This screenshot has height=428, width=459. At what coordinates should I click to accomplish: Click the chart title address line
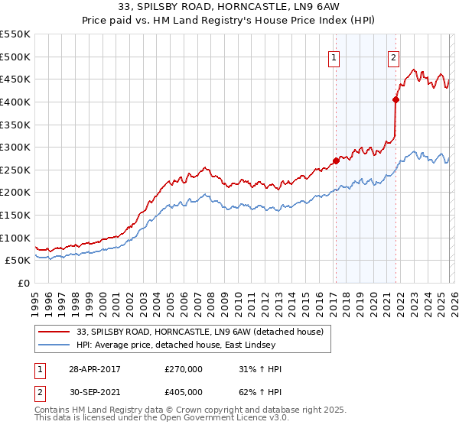[229, 8]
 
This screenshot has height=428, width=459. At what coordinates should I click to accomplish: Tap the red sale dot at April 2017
[336, 160]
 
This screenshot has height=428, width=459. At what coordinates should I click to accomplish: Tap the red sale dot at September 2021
[396, 99]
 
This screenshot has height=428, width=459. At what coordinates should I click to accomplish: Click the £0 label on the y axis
[24, 283]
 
